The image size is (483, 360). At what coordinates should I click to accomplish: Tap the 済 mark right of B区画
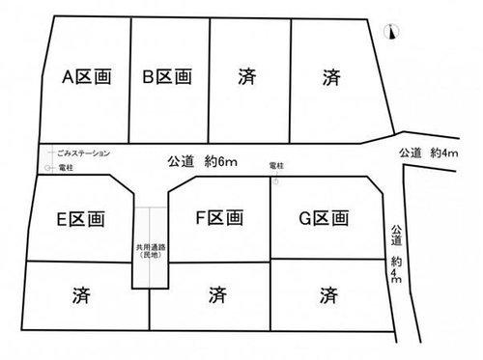[x=247, y=77]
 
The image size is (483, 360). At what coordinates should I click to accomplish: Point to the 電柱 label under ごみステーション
[x=66, y=167]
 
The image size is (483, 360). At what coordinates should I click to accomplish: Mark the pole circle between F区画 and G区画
[x=274, y=181]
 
